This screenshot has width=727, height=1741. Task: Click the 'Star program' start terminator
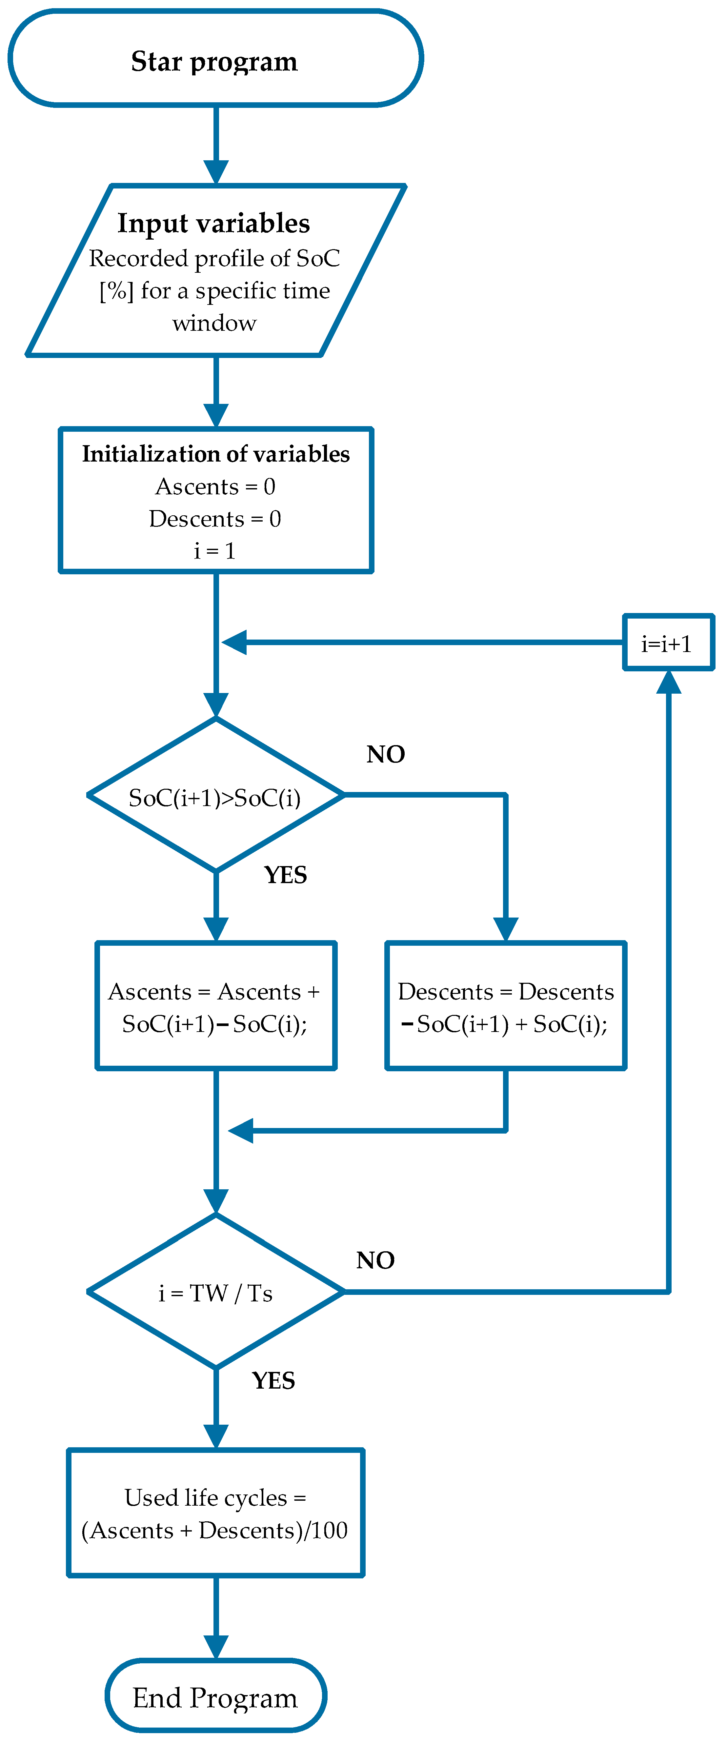click(x=215, y=59)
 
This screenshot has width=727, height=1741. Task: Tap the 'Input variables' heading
click(x=214, y=223)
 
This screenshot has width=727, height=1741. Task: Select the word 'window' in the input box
click(x=214, y=323)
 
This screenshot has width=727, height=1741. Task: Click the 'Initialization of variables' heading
click(x=216, y=453)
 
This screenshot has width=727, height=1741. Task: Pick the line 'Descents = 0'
click(x=215, y=518)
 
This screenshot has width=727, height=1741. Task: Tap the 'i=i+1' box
click(x=668, y=643)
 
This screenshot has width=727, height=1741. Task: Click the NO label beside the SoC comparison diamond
click(x=386, y=754)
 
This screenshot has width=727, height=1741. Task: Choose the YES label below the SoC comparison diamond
click(x=285, y=875)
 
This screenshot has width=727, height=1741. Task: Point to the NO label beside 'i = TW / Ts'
click(x=375, y=1260)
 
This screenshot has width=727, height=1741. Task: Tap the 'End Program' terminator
click(x=215, y=1697)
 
